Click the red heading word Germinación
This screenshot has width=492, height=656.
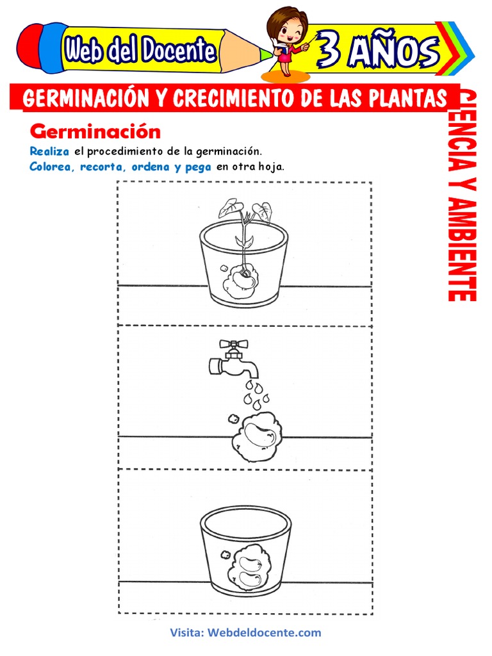(x=95, y=132)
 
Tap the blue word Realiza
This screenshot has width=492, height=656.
(x=49, y=151)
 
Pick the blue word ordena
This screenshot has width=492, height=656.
(x=151, y=167)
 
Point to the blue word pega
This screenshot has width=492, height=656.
(x=199, y=168)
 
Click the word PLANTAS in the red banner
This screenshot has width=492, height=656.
(x=408, y=99)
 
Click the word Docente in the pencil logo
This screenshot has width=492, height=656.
(x=179, y=50)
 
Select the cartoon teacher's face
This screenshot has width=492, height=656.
(x=287, y=29)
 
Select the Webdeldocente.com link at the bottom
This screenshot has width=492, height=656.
(x=264, y=632)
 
